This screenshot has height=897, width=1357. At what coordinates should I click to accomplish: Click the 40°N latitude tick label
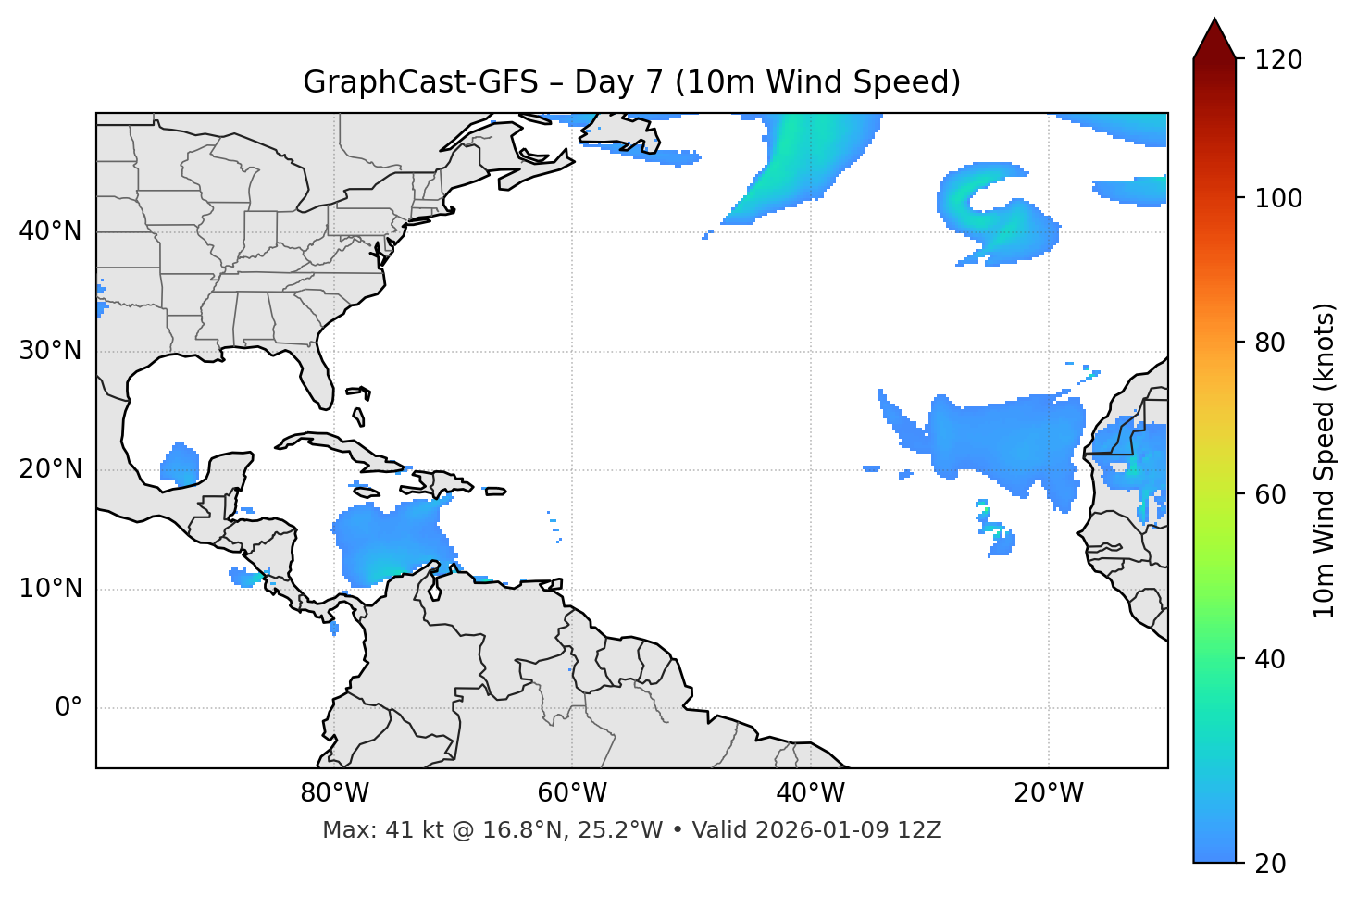[50, 231]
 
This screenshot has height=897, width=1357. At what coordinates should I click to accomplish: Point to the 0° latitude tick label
[68, 708]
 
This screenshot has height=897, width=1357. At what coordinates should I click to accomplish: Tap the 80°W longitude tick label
[334, 793]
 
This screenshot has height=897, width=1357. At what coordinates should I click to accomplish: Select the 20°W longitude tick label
[1049, 793]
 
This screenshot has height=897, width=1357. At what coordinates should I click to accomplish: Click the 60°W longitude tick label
[571, 793]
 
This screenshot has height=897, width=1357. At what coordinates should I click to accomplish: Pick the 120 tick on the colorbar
[1277, 59]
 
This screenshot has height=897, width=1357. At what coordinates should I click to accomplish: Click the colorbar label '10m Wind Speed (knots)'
[1325, 460]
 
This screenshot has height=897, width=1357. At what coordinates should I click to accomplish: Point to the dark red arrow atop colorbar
[1214, 39]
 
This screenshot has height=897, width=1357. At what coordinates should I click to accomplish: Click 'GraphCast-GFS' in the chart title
[420, 82]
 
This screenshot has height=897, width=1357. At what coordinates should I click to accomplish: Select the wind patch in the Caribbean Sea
[389, 542]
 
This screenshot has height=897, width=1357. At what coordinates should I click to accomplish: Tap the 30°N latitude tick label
[50, 351]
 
